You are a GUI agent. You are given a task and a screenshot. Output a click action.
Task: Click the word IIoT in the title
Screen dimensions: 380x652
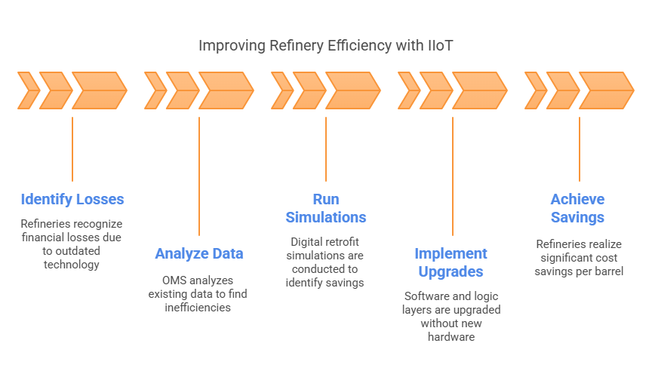(x=438, y=45)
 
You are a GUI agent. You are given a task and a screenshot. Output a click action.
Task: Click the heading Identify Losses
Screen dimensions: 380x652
(x=72, y=200)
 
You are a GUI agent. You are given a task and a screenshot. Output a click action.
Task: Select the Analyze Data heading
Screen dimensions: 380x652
(x=199, y=254)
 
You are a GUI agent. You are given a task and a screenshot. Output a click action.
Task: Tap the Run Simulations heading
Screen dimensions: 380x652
(x=326, y=209)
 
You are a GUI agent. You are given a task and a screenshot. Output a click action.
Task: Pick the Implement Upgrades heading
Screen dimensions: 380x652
(x=452, y=262)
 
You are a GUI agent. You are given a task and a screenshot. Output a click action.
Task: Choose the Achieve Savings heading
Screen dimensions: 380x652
(x=578, y=209)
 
